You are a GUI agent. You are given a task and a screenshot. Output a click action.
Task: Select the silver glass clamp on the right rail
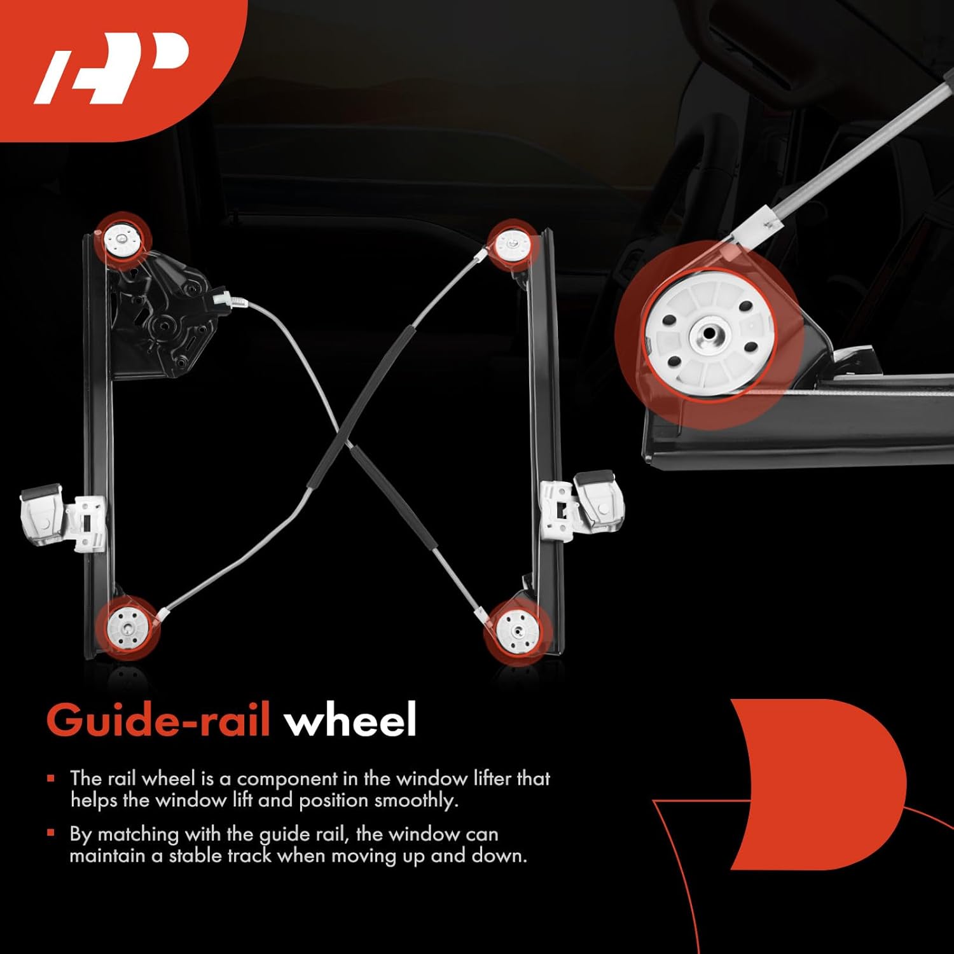[x=582, y=502]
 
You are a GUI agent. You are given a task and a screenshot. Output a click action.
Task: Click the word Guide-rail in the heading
[x=158, y=721]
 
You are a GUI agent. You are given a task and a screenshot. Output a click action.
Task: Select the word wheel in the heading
[x=350, y=721]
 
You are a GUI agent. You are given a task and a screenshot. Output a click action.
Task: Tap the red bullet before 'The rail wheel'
[x=51, y=778]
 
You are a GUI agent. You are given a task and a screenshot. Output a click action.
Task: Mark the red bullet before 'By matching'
[x=51, y=833]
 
